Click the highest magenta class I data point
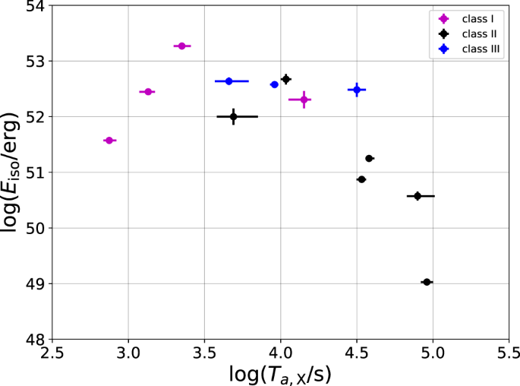[181, 46]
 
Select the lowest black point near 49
[427, 282]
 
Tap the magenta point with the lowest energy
[109, 141]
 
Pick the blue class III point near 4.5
[357, 90]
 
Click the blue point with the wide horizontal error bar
[228, 81]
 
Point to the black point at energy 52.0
[233, 116]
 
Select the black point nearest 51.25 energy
[369, 158]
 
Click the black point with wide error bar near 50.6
[418, 196]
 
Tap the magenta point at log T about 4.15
[304, 100]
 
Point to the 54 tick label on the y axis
[34, 6]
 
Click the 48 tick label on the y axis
[34, 339]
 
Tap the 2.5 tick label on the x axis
[52, 354]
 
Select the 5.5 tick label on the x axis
[509, 354]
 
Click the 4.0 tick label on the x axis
[280, 354]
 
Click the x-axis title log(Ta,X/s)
[280, 374]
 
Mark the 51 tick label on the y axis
[34, 172]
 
